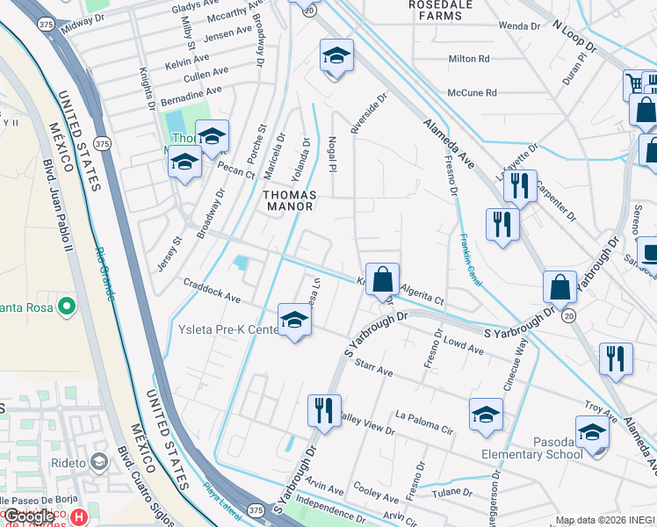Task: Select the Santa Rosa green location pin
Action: coord(66,307)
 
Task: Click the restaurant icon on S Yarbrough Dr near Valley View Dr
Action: coord(324,409)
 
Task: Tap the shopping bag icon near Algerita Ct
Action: coord(382,280)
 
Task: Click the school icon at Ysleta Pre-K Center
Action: coord(295,321)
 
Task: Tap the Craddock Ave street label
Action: coord(212,292)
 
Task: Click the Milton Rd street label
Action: coord(468,59)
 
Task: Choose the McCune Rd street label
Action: coord(472,92)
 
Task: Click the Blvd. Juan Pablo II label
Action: coord(60,203)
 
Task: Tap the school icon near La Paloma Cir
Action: coord(486,415)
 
